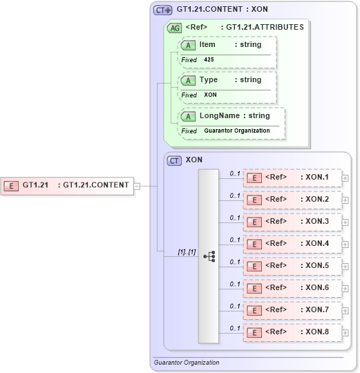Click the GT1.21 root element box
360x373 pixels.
[68, 185]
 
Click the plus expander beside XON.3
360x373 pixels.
[345, 222]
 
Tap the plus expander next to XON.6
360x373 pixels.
[345, 288]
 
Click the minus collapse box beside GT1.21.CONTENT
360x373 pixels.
[137, 185]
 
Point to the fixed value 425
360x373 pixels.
[209, 60]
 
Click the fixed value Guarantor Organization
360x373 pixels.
[237, 131]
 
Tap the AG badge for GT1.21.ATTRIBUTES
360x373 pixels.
[175, 28]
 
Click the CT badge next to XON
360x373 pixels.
[175, 160]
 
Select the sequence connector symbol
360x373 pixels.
[209, 256]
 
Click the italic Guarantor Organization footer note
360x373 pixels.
[187, 363]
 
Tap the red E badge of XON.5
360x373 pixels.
[254, 266]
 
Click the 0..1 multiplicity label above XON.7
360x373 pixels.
[235, 305]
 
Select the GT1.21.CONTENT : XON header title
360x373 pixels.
[222, 10]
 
